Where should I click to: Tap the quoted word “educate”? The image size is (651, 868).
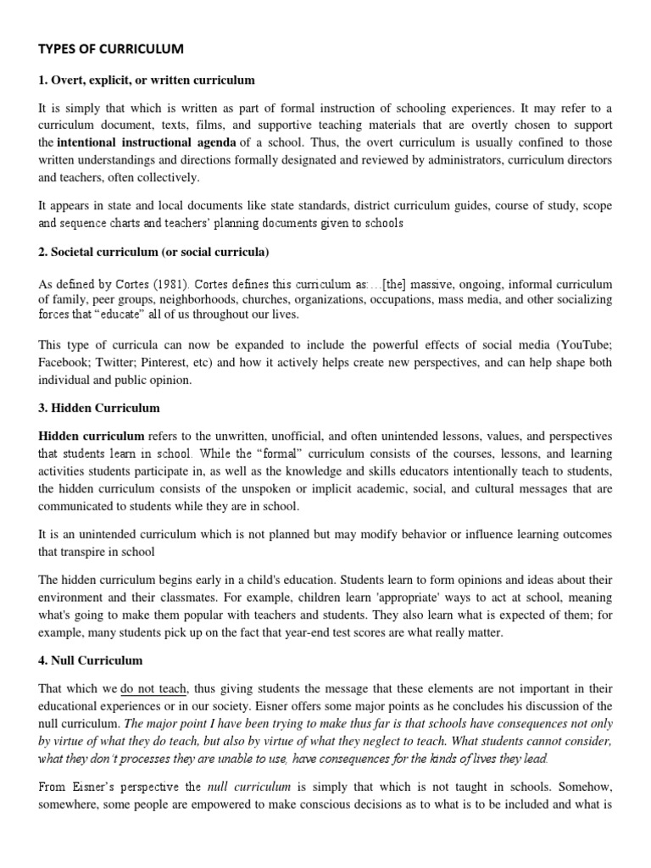[124, 314]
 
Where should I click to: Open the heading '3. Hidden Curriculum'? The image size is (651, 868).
[98, 409]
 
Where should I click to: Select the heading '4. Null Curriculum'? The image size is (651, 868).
[91, 659]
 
